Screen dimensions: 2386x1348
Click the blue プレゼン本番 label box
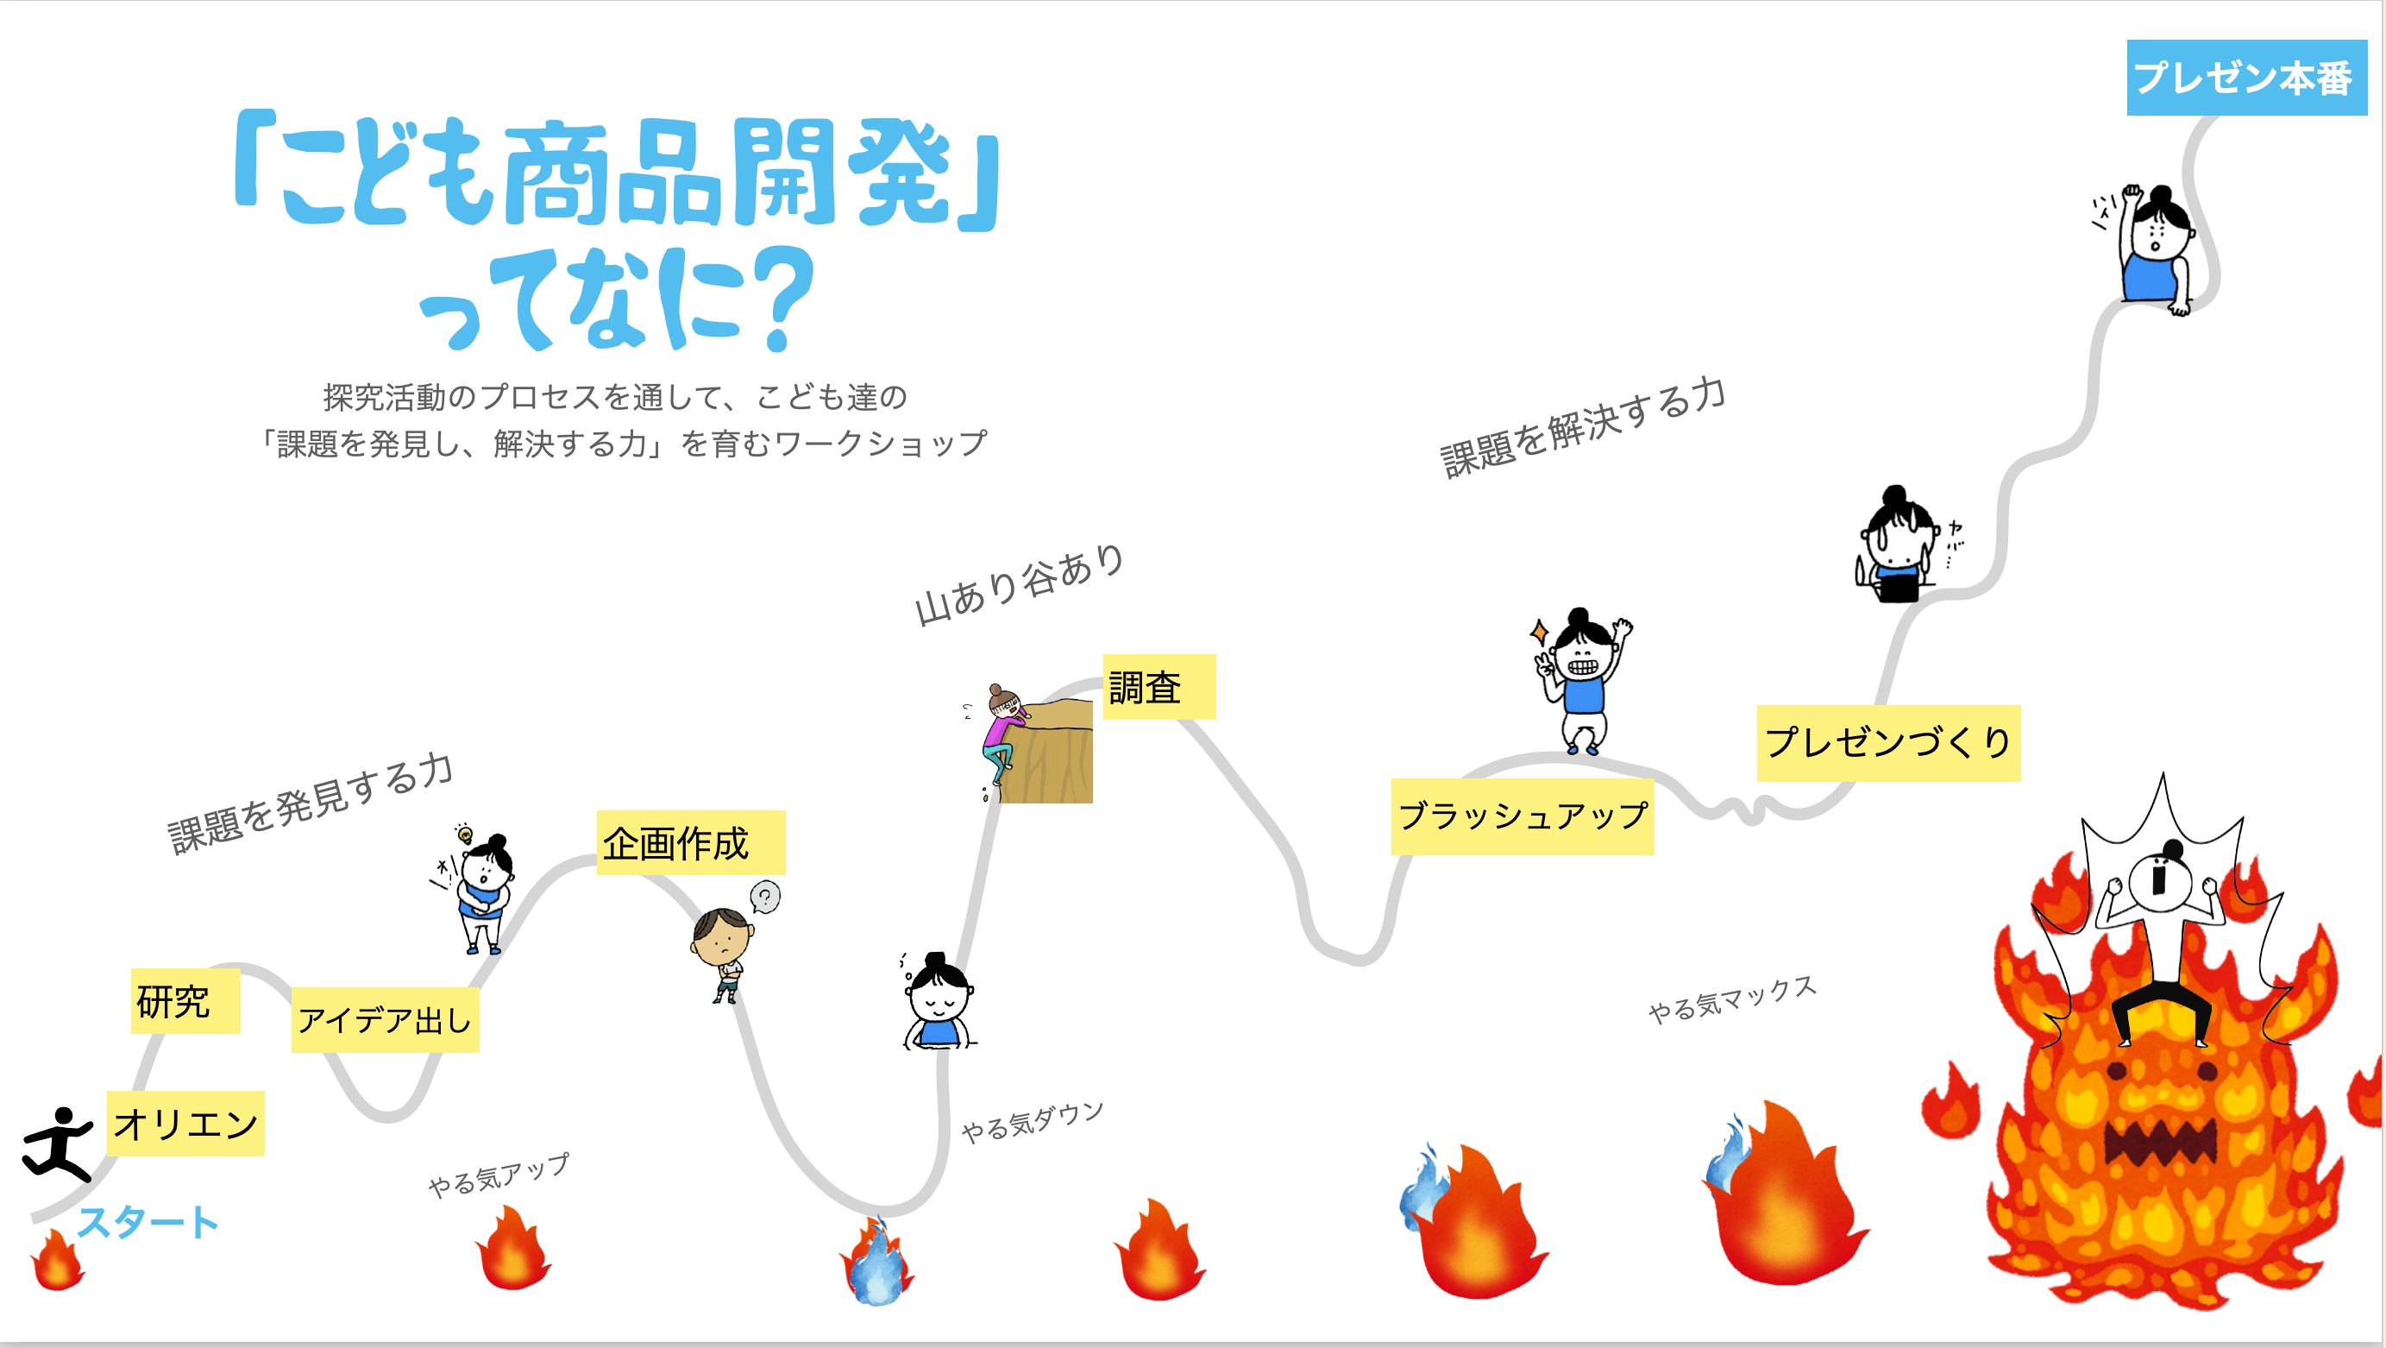(2245, 78)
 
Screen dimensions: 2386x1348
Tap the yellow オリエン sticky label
(185, 1123)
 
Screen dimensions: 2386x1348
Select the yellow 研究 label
(185, 1000)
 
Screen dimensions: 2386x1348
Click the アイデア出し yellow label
(386, 1020)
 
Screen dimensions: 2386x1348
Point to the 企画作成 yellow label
(691, 843)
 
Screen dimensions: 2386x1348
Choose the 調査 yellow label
(1158, 686)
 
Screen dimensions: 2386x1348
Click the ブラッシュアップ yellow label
(1522, 816)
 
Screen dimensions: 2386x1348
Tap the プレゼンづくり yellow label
(1887, 743)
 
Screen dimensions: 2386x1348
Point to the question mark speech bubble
(765, 897)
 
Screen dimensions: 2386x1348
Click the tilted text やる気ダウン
(1033, 1122)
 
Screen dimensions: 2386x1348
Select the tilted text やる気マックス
(1732, 998)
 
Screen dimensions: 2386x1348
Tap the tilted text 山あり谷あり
(1019, 584)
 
